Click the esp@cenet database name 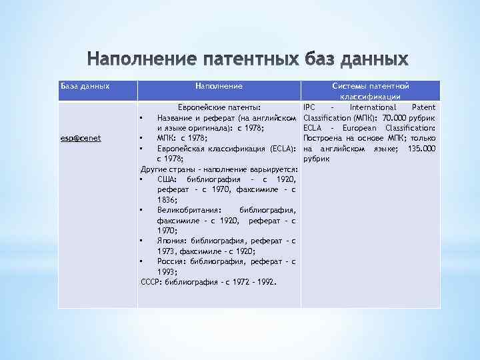pos(80,139)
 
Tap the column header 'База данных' pos(85,86)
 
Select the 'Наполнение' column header pos(219,86)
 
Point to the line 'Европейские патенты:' pos(217,107)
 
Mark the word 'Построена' pos(323,139)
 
